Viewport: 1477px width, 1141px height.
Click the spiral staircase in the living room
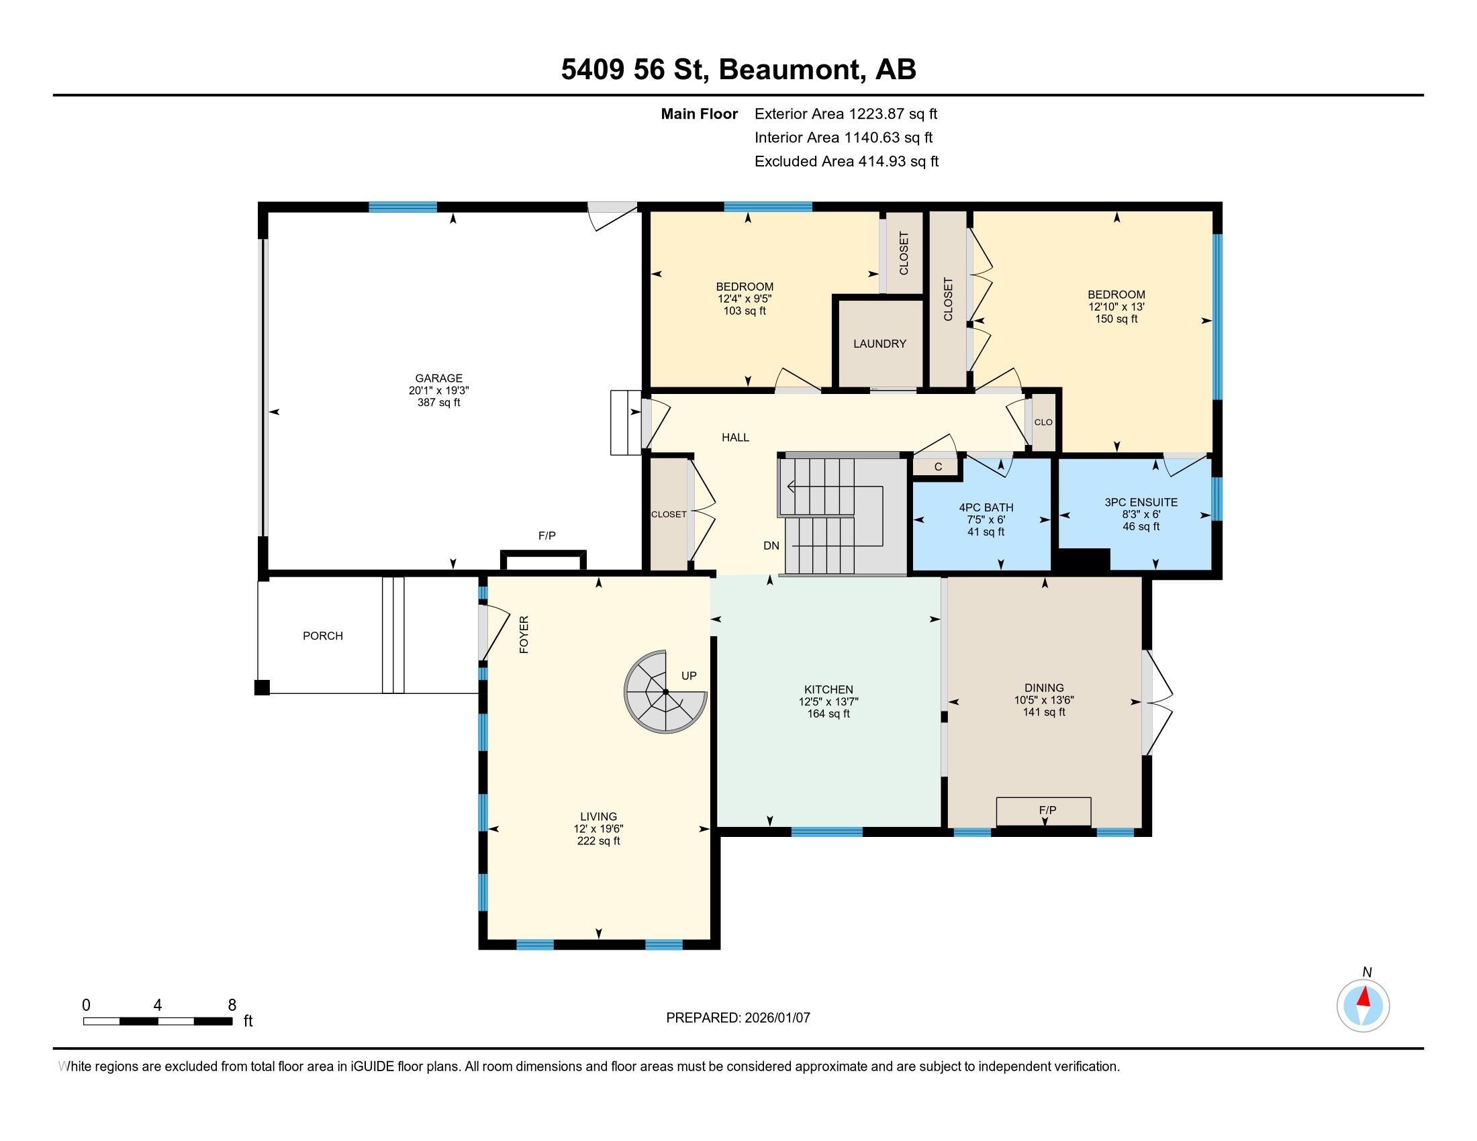(x=665, y=691)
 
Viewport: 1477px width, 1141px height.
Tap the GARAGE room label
(x=439, y=379)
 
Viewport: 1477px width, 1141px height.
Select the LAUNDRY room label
(x=879, y=344)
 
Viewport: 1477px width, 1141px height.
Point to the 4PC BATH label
(x=986, y=507)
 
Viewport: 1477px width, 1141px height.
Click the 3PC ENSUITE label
(x=1141, y=502)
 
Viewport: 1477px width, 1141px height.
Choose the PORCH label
(x=322, y=636)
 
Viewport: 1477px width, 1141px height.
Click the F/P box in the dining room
(x=1043, y=811)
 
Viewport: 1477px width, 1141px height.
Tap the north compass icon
(x=1363, y=1005)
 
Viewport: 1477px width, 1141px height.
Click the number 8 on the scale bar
(x=232, y=1005)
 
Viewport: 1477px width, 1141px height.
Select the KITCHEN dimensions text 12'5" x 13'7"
(x=828, y=701)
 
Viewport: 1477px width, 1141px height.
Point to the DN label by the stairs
(x=771, y=546)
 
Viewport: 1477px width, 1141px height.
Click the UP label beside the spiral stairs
(x=688, y=675)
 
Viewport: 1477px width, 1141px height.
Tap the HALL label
(x=735, y=438)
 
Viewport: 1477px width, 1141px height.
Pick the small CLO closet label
(x=1043, y=421)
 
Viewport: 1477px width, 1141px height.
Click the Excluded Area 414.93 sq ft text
(x=847, y=161)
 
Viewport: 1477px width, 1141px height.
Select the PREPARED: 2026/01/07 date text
(x=738, y=1018)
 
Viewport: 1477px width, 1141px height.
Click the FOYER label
(x=524, y=634)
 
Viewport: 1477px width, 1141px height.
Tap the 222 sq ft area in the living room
(x=598, y=841)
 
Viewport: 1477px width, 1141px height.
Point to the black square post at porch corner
(x=262, y=687)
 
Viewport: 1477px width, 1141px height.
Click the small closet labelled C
(x=937, y=466)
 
